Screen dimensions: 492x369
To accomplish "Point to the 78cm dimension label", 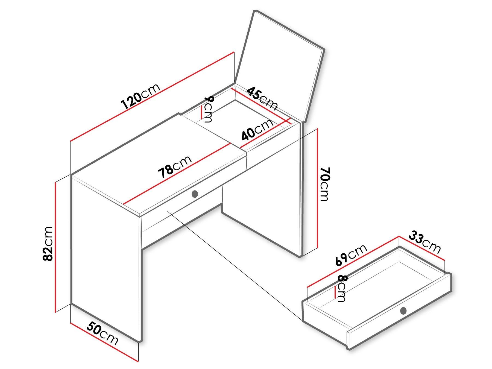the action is (x=175, y=167).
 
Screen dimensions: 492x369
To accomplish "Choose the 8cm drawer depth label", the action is (x=342, y=288).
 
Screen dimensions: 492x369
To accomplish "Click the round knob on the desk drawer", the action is (x=195, y=194).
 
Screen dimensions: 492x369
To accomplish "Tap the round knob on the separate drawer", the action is (x=403, y=311).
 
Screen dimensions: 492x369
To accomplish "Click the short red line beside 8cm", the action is (x=335, y=292).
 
